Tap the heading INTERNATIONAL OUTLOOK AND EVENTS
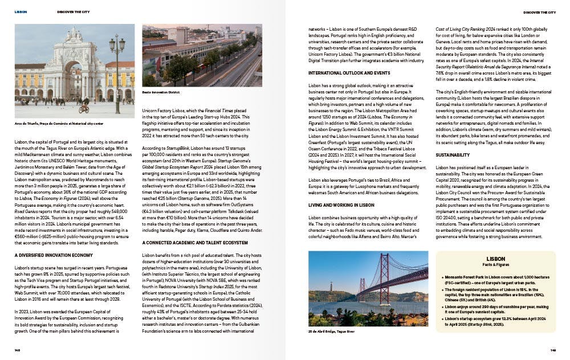[341, 73]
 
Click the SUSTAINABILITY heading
[453, 154]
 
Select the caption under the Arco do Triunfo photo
[59, 123]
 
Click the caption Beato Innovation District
[161, 91]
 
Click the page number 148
[18, 350]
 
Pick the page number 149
[553, 350]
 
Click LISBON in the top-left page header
[21, 11]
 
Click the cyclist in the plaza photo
[84, 106]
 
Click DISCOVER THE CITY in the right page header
[540, 11]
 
